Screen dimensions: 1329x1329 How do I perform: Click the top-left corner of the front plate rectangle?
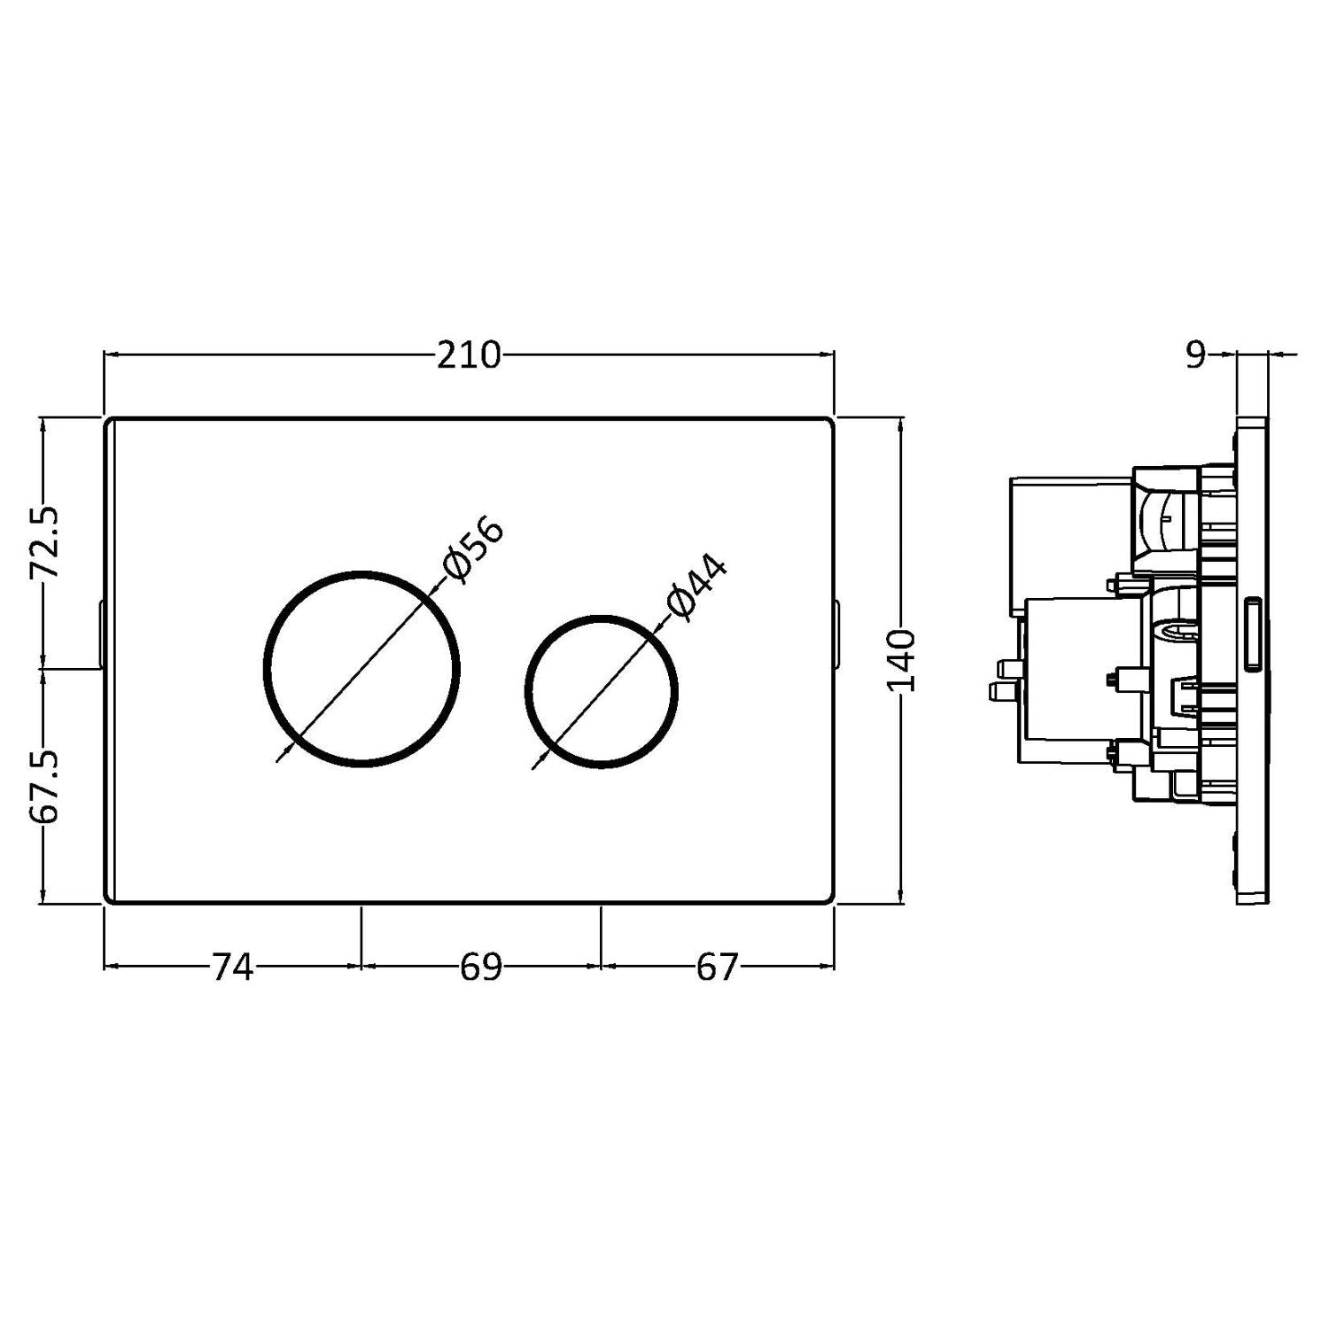(105, 416)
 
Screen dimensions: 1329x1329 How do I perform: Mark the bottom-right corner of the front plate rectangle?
(835, 904)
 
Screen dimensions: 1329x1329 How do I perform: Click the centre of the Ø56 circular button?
(361, 669)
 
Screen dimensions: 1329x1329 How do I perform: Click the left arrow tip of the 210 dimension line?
(105, 355)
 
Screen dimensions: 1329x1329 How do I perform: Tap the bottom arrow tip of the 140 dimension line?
(900, 904)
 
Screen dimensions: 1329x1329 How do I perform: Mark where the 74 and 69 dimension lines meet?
(361, 965)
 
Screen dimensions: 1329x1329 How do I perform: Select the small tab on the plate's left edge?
(101, 634)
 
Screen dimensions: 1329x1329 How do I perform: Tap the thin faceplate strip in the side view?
(1253, 660)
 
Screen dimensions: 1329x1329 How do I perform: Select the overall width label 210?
(469, 355)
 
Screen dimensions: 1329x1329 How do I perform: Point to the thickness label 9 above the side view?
(1196, 355)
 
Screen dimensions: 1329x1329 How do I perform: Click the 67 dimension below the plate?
(717, 968)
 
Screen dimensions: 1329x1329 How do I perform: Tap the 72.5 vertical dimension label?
(44, 542)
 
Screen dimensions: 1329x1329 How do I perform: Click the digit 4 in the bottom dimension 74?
(243, 968)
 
